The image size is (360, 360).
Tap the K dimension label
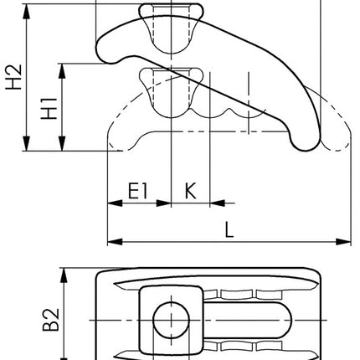tap(190, 191)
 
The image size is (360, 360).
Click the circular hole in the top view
tap(171, 321)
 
